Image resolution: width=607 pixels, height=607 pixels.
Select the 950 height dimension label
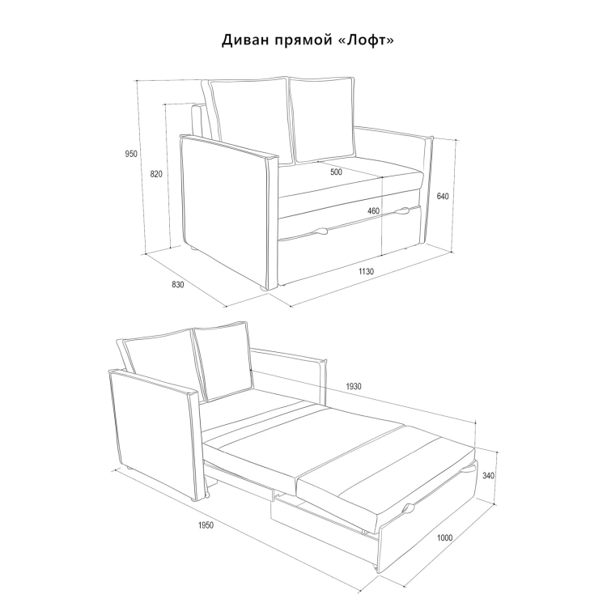tap(131, 154)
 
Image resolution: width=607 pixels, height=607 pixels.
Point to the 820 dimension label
tap(156, 174)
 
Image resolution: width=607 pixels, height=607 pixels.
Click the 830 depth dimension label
tap(178, 285)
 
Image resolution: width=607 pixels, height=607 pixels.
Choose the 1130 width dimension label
tap(366, 271)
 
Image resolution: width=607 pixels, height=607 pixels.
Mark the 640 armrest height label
tap(443, 197)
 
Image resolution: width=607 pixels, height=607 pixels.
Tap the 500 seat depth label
tap(336, 172)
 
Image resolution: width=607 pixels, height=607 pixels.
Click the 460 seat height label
tap(373, 211)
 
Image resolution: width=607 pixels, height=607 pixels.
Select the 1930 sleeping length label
tap(354, 386)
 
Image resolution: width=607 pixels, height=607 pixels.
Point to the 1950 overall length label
tap(206, 525)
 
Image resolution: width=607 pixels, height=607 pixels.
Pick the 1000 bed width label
tap(445, 537)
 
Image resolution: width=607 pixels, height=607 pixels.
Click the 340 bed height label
tap(489, 475)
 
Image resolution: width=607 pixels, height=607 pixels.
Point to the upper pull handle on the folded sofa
tap(402, 210)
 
